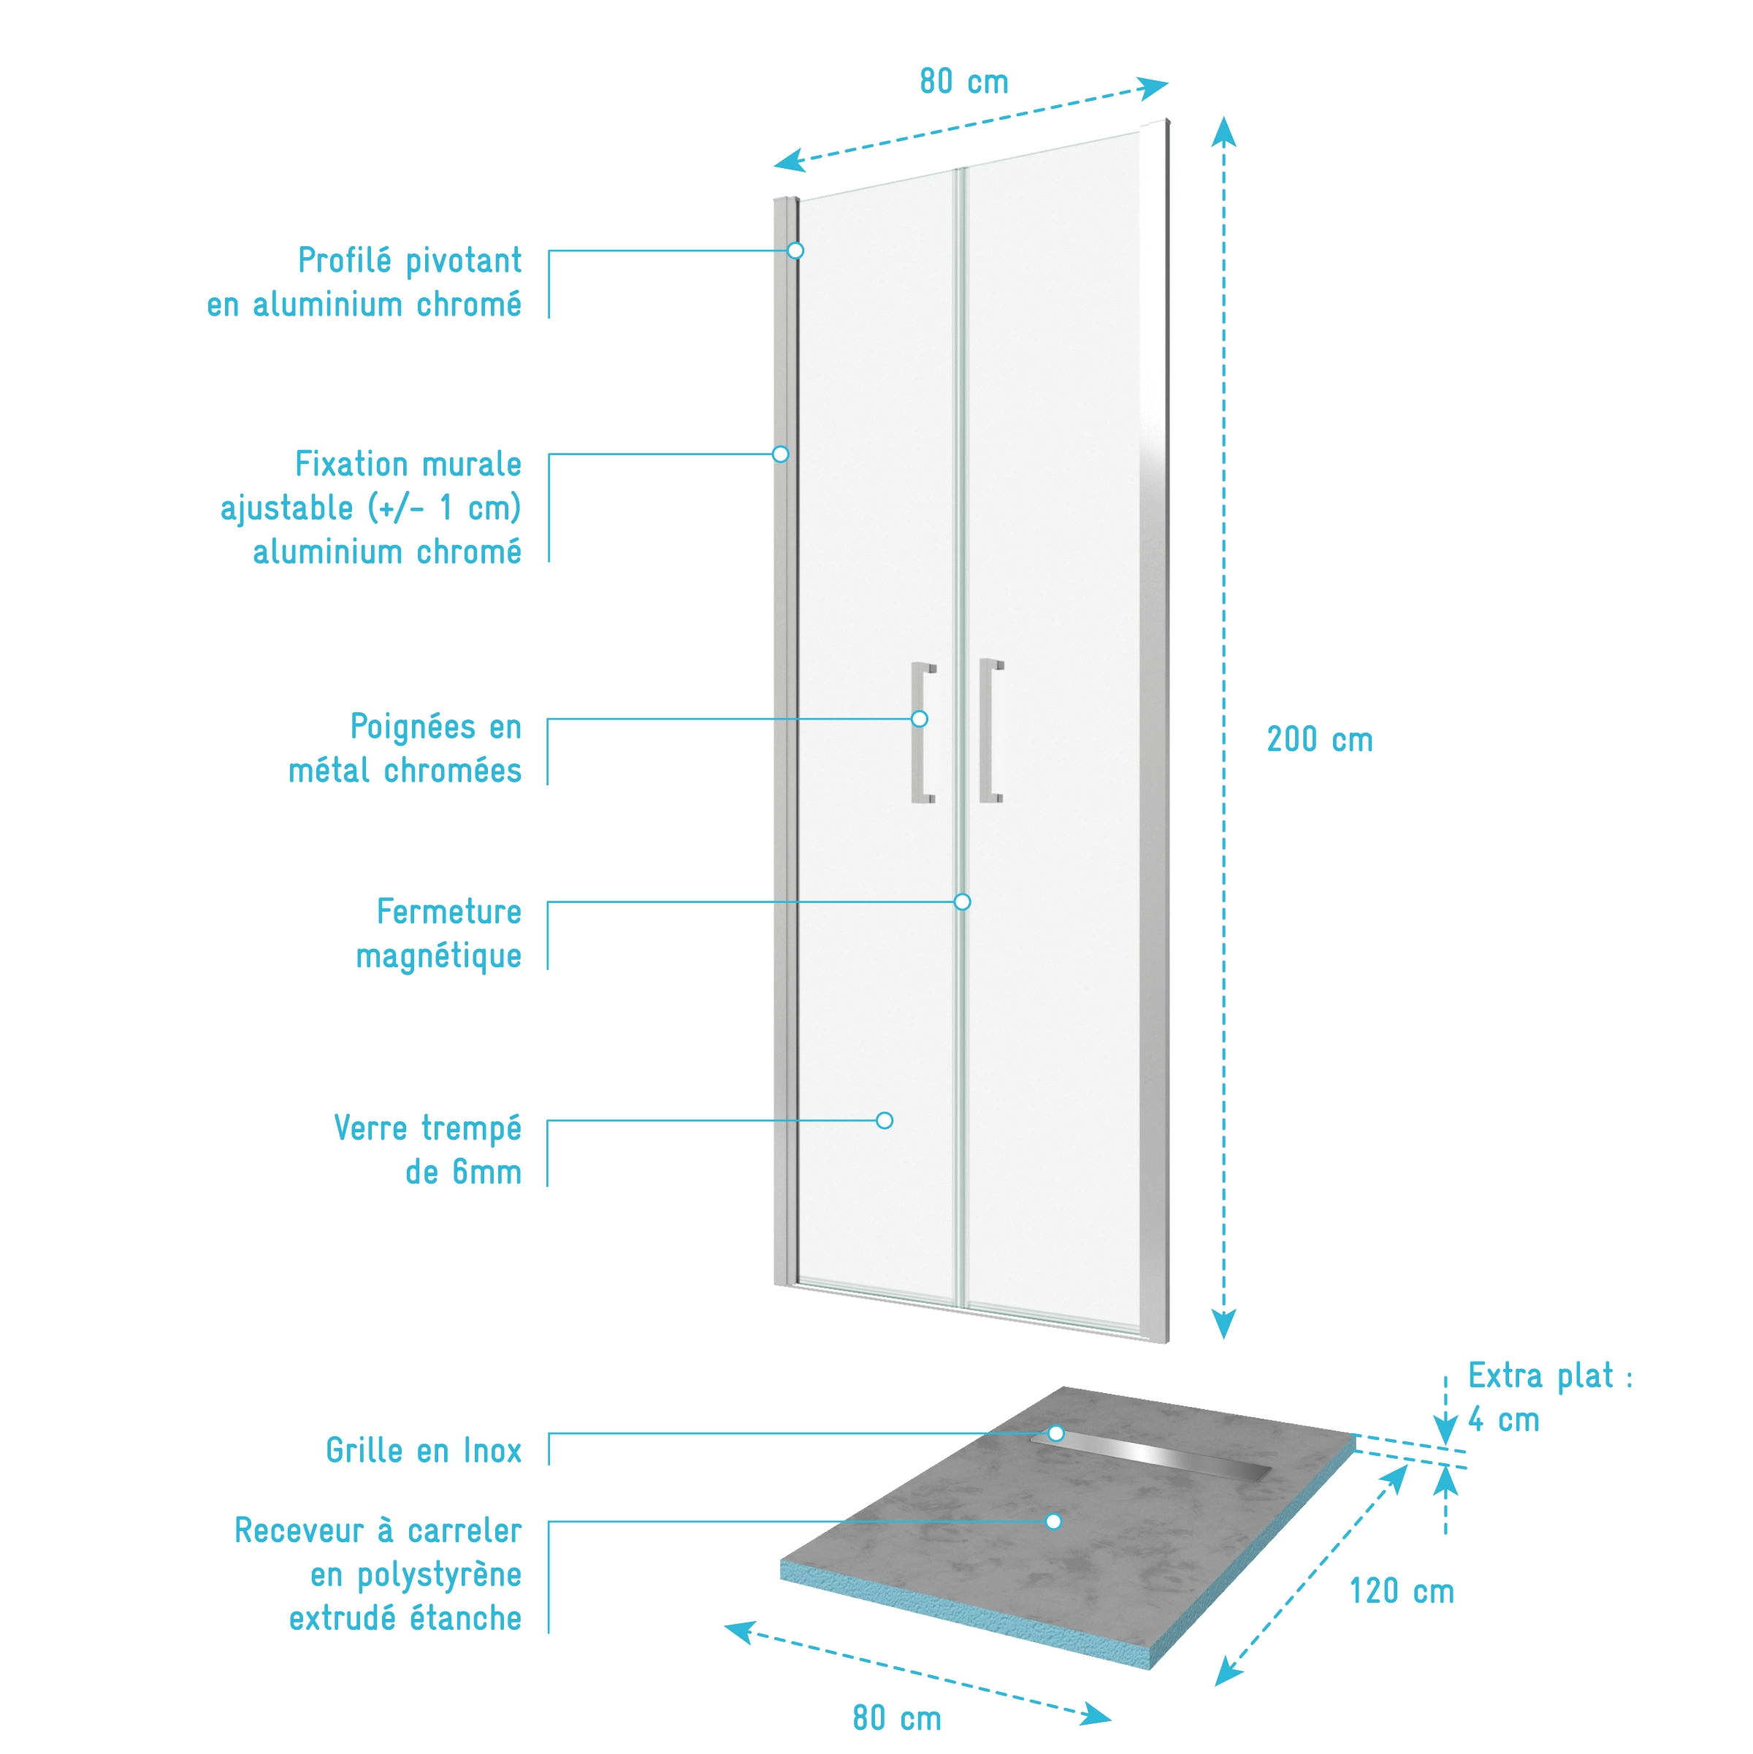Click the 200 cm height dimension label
coord(1319,740)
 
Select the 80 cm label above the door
coord(964,82)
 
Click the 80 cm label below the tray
coord(897,1719)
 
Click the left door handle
coord(923,733)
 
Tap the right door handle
coord(990,732)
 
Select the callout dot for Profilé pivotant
coord(795,251)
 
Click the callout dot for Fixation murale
coord(781,454)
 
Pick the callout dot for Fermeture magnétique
coord(962,901)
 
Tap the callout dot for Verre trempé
coord(885,1121)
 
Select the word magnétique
coord(438,956)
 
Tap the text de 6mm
coord(463,1172)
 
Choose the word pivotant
coord(463,261)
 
